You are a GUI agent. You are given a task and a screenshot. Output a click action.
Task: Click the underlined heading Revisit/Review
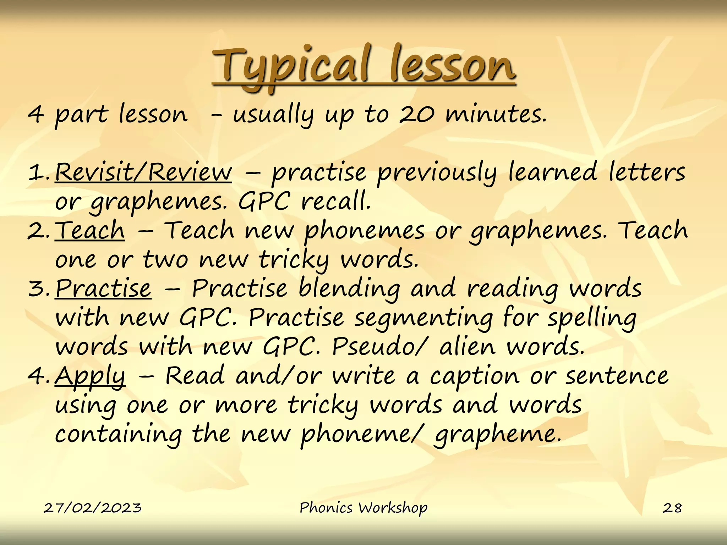coord(143,172)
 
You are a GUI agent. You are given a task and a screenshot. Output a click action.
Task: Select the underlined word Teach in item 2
coord(90,230)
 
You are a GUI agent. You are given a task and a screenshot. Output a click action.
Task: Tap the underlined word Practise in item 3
coord(103,288)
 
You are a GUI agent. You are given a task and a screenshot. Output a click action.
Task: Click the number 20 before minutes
coord(416,115)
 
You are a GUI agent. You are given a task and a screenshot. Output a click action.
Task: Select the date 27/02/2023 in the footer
coord(93,508)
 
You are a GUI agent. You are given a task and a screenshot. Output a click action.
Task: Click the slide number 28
coord(672,508)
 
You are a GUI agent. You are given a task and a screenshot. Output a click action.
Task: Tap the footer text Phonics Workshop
coord(363,508)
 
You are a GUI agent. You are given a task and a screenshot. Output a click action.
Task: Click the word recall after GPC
coord(336,201)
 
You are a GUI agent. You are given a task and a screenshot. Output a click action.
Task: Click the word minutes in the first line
coord(496,115)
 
